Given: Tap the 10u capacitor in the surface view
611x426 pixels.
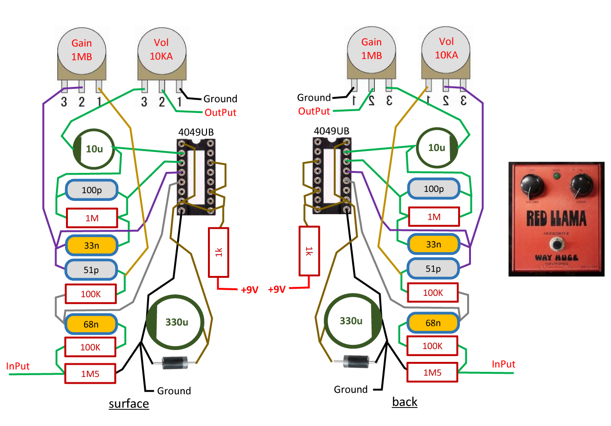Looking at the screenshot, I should pyautogui.click(x=94, y=149).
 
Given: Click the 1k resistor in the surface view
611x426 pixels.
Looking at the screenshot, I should pyautogui.click(x=218, y=252).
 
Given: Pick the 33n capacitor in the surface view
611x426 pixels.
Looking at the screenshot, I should pyautogui.click(x=91, y=246).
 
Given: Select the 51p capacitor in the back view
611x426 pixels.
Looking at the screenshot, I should pyautogui.click(x=432, y=269).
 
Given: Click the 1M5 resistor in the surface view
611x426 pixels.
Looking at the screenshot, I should pyautogui.click(x=90, y=374).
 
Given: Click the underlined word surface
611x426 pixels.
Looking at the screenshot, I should pyautogui.click(x=129, y=404).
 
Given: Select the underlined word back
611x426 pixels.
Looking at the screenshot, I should pyautogui.click(x=404, y=402).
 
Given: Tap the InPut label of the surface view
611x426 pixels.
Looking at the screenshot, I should pyautogui.click(x=18, y=366).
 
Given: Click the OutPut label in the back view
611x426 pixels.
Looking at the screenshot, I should pyautogui.click(x=314, y=111).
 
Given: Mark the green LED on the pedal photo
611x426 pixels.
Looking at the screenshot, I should pyautogui.click(x=556, y=177).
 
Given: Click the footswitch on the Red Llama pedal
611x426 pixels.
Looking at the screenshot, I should pyautogui.click(x=555, y=245).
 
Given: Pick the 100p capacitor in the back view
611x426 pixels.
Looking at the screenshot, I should pyautogui.click(x=432, y=189).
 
